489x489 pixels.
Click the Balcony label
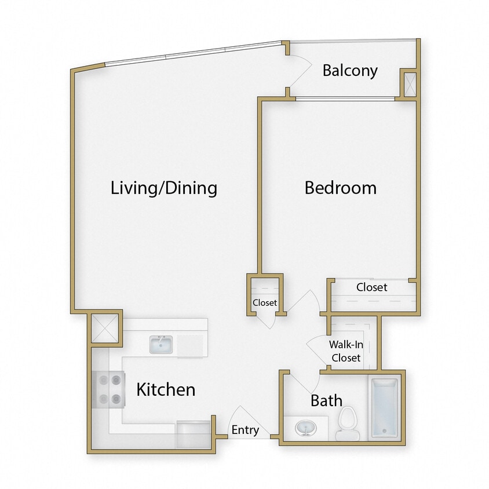click(x=350, y=71)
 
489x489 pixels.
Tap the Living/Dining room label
click(x=164, y=188)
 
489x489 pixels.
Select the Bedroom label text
click(x=341, y=188)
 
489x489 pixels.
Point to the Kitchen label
click(x=166, y=389)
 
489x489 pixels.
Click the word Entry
click(x=245, y=430)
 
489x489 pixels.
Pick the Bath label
click(x=326, y=400)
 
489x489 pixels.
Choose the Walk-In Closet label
click(x=346, y=351)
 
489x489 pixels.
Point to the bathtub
click(x=384, y=407)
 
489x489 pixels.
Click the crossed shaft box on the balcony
click(x=408, y=83)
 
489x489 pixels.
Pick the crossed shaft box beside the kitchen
click(x=105, y=329)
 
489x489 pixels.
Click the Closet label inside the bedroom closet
click(x=372, y=287)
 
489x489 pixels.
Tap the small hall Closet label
click(x=265, y=302)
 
